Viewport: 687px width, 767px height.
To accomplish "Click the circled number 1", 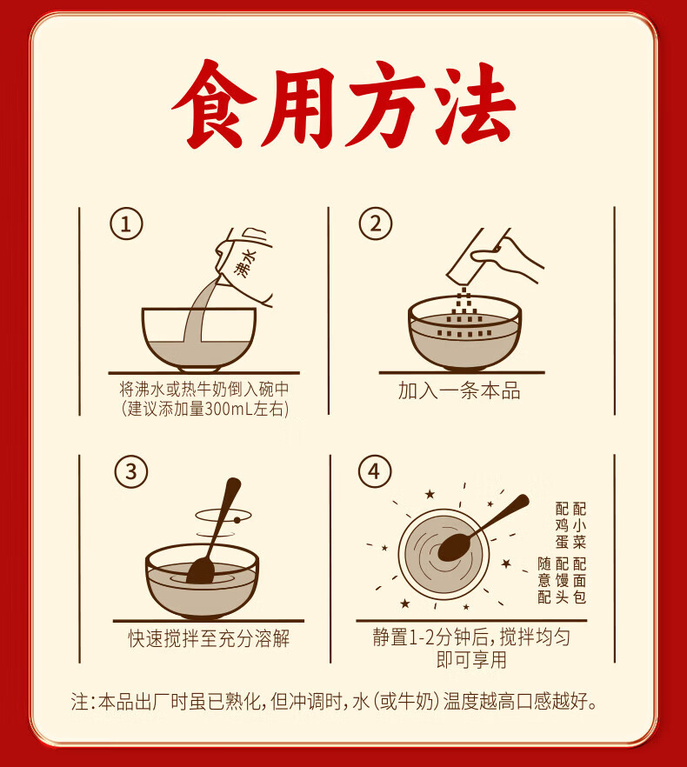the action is click(126, 224).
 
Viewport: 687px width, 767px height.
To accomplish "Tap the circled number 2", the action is click(376, 223).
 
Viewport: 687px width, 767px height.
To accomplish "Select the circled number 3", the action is click(131, 471).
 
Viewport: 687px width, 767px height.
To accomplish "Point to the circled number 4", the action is click(375, 471).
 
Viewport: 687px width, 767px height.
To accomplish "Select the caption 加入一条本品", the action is click(459, 390).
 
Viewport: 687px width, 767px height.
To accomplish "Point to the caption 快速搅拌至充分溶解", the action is click(209, 638).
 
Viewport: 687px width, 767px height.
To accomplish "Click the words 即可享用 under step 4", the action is click(471, 659).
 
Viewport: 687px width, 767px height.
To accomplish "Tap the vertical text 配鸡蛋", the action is click(562, 525).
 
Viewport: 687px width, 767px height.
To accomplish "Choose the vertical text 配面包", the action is click(579, 580).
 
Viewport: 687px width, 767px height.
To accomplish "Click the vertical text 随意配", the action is click(544, 580).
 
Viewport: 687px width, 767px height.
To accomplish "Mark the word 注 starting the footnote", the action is click(80, 701).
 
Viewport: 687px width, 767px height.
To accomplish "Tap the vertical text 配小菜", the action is click(579, 525).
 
